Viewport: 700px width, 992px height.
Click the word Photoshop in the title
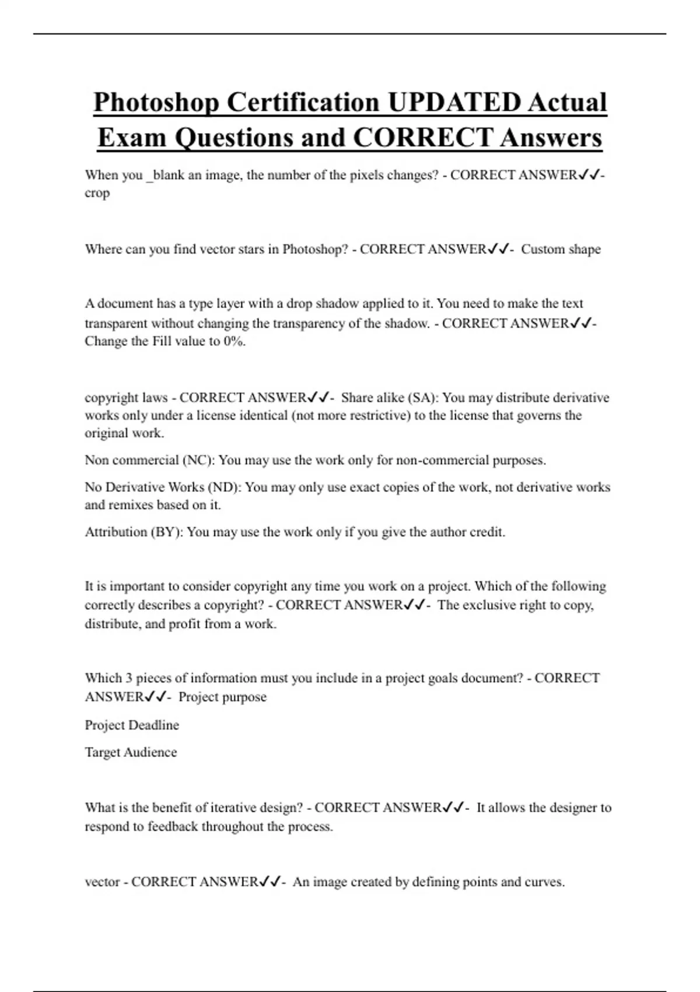click(156, 103)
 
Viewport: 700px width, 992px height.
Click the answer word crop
click(97, 193)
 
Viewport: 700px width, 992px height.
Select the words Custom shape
click(561, 249)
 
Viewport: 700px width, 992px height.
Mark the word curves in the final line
click(544, 882)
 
